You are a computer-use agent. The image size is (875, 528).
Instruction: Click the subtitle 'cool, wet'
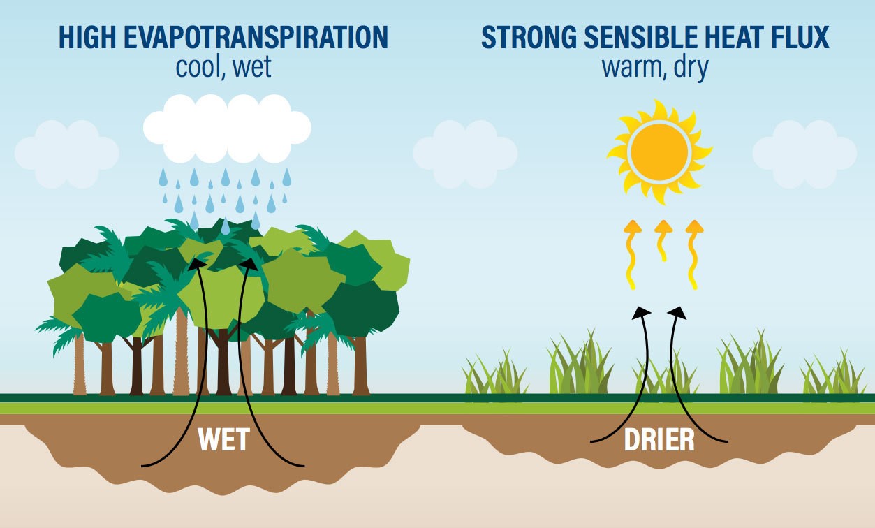coord(223,67)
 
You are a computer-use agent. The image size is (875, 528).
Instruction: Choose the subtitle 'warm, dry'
coord(655,67)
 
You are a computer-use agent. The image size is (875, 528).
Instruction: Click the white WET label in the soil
coord(223,441)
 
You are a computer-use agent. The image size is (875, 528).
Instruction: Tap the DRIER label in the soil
coord(659,441)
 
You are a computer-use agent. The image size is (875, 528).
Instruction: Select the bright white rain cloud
coord(227,128)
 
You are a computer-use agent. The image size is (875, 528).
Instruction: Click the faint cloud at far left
coord(66,153)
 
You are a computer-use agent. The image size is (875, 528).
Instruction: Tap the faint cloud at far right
coord(804,153)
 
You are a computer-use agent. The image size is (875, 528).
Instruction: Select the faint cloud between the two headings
coord(465,153)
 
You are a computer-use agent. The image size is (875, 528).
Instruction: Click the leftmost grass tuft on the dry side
coord(495,377)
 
